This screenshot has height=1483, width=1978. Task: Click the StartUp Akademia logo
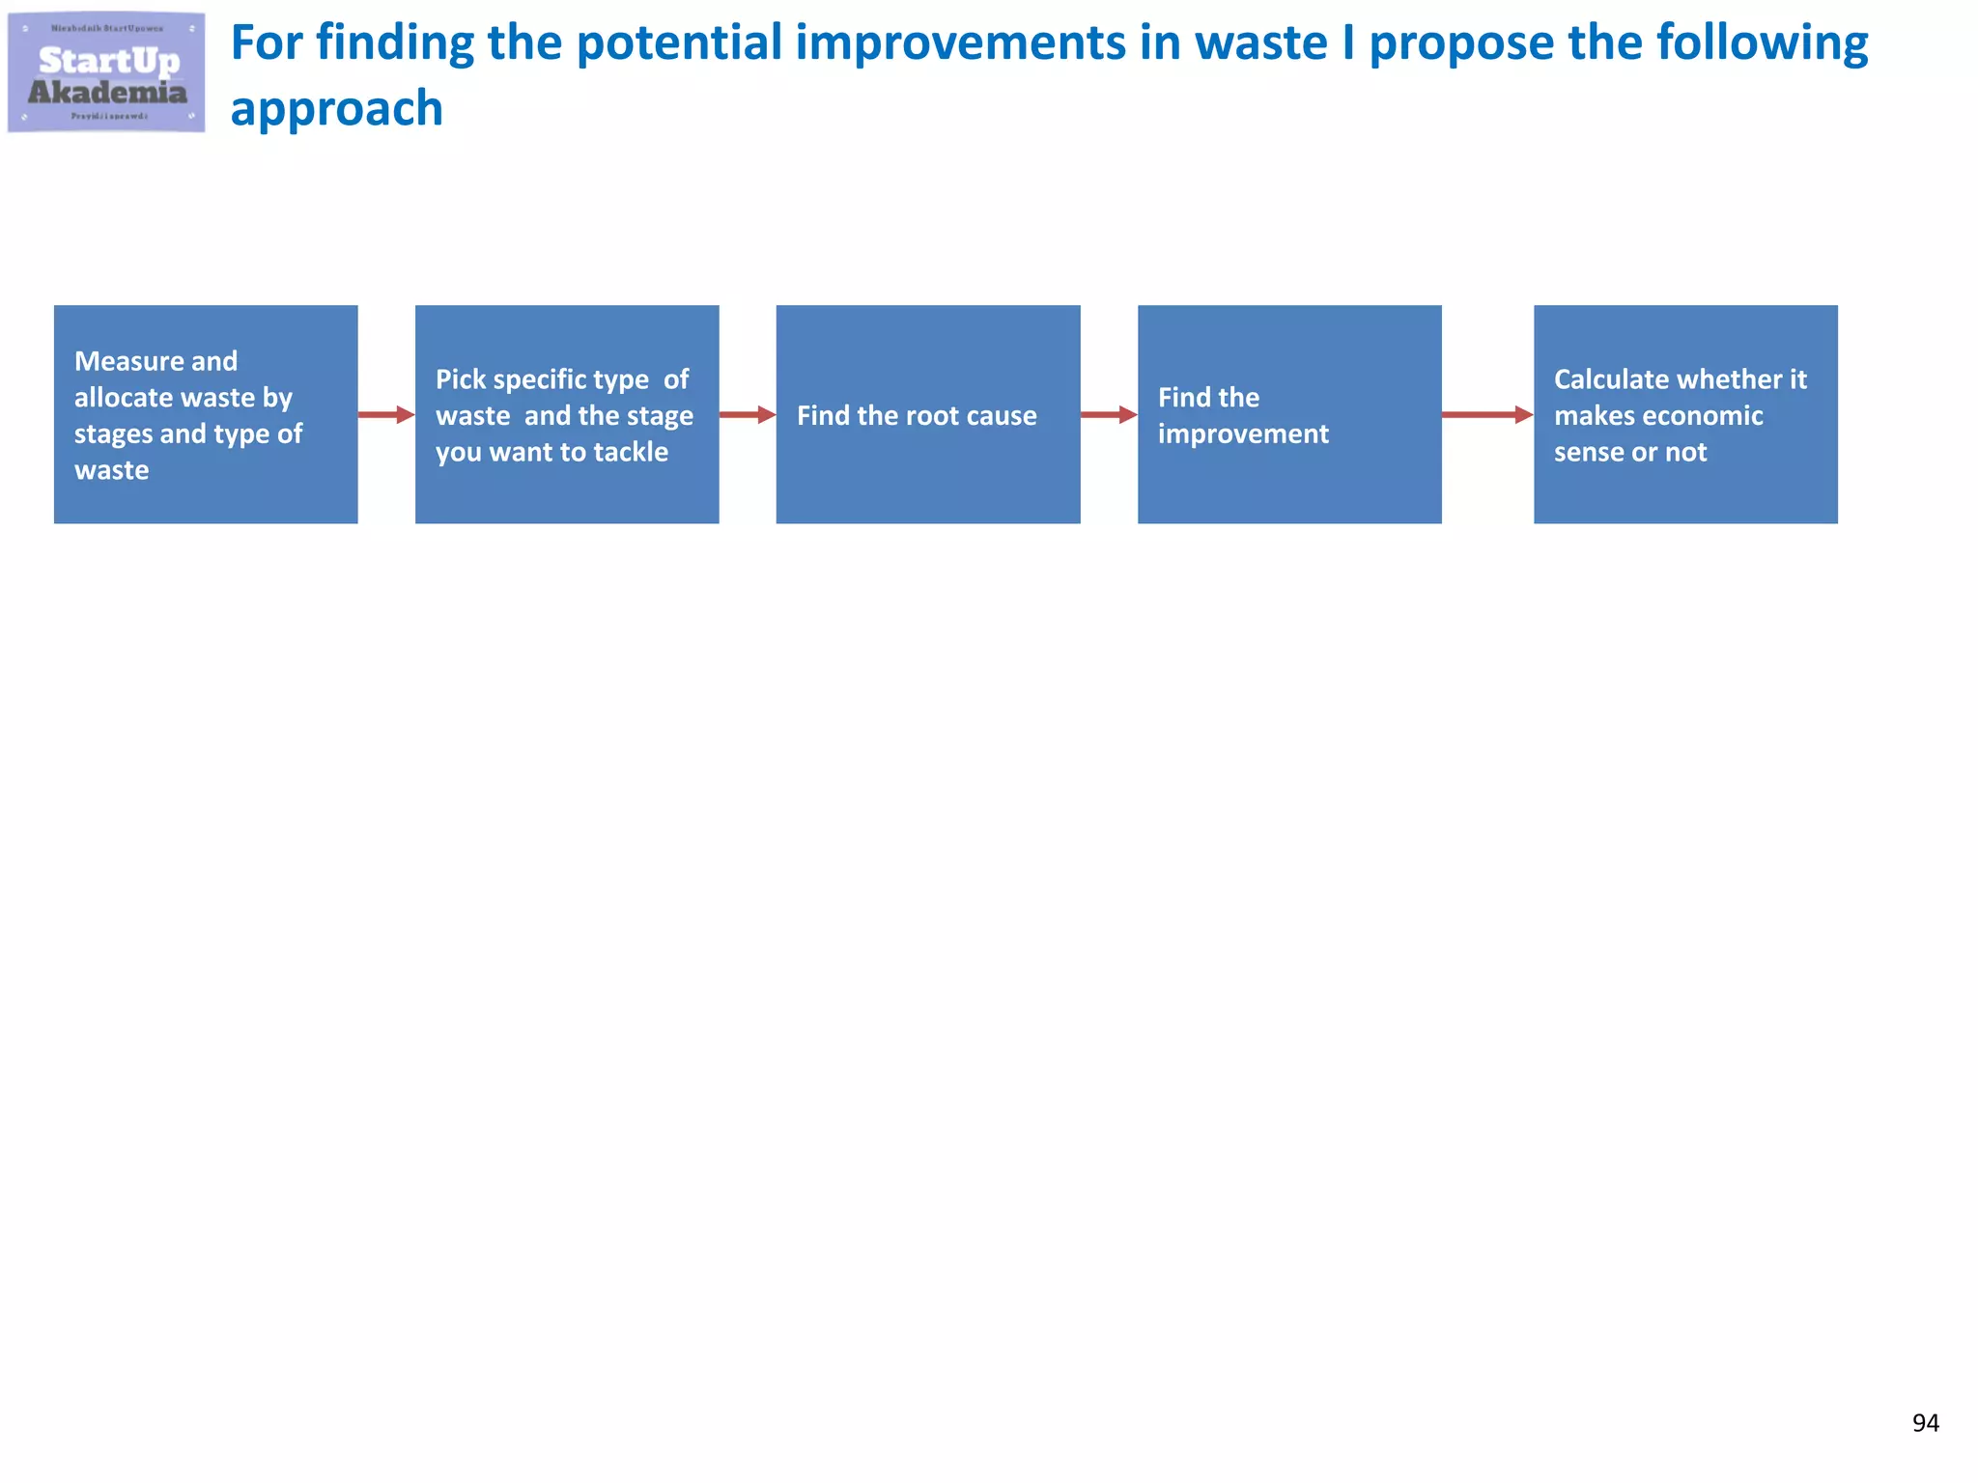pos(106,72)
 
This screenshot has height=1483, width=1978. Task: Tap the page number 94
pos(1925,1422)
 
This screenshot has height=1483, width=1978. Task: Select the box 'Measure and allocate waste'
pos(206,414)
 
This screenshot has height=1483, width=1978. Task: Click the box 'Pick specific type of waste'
pos(567,414)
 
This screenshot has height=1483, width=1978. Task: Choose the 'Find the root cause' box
pos(928,414)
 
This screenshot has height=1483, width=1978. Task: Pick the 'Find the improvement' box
pos(1289,414)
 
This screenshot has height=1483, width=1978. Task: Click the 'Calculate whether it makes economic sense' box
pos(1685,414)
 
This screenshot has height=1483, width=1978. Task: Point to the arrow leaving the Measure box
pos(386,415)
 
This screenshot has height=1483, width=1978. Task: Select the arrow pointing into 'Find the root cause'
pos(748,415)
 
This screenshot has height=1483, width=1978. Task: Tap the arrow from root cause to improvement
pos(1109,415)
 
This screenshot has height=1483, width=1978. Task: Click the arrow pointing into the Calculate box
pos(1487,415)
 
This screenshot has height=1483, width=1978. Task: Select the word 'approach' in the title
pos(336,109)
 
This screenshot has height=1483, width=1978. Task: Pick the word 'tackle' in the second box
pos(631,452)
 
